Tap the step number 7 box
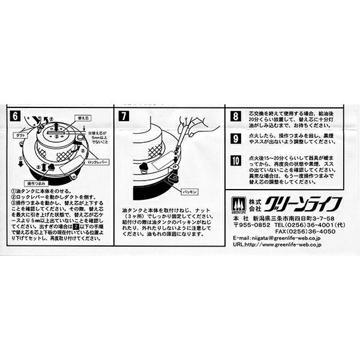click(125, 116)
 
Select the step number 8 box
click(236, 116)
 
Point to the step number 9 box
click(236, 137)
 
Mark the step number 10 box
click(236, 160)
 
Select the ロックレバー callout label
click(95, 163)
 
